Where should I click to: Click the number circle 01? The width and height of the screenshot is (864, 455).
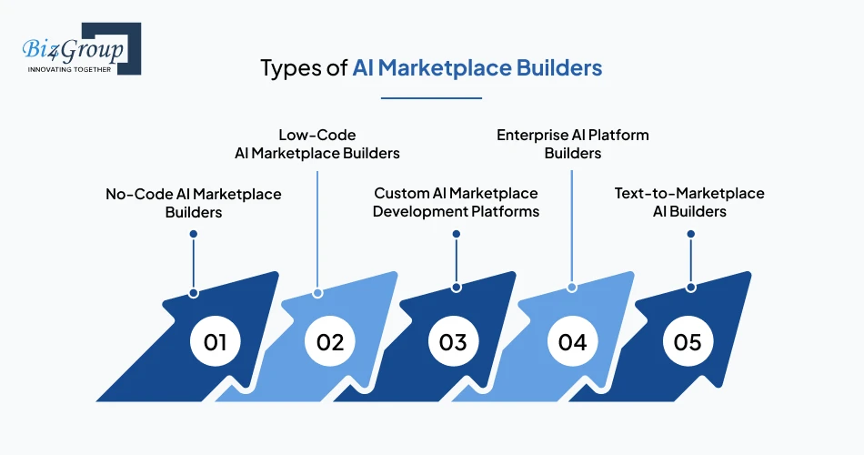215,342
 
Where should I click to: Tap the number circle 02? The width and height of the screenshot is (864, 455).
330,342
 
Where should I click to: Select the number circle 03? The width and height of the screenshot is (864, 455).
453,342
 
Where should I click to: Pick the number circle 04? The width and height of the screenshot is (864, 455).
572,342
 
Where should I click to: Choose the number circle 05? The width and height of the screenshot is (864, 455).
688,342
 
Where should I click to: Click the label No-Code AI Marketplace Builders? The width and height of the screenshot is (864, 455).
194,203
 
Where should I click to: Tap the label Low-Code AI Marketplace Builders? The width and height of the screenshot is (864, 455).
316,144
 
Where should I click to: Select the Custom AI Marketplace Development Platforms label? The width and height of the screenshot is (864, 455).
456,203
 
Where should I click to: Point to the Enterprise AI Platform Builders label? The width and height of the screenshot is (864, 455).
572,144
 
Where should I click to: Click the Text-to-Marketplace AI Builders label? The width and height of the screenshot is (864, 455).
689,203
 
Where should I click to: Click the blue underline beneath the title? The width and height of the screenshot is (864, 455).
431,97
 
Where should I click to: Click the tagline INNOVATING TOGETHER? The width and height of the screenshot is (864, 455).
70,69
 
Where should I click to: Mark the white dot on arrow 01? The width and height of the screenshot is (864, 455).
194,293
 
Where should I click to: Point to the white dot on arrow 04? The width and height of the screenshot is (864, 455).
572,287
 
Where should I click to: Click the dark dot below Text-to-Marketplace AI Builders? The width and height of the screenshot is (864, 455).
690,234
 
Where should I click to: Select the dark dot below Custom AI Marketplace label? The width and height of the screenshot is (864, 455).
456,234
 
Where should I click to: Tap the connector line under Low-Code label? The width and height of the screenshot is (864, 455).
316,227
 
